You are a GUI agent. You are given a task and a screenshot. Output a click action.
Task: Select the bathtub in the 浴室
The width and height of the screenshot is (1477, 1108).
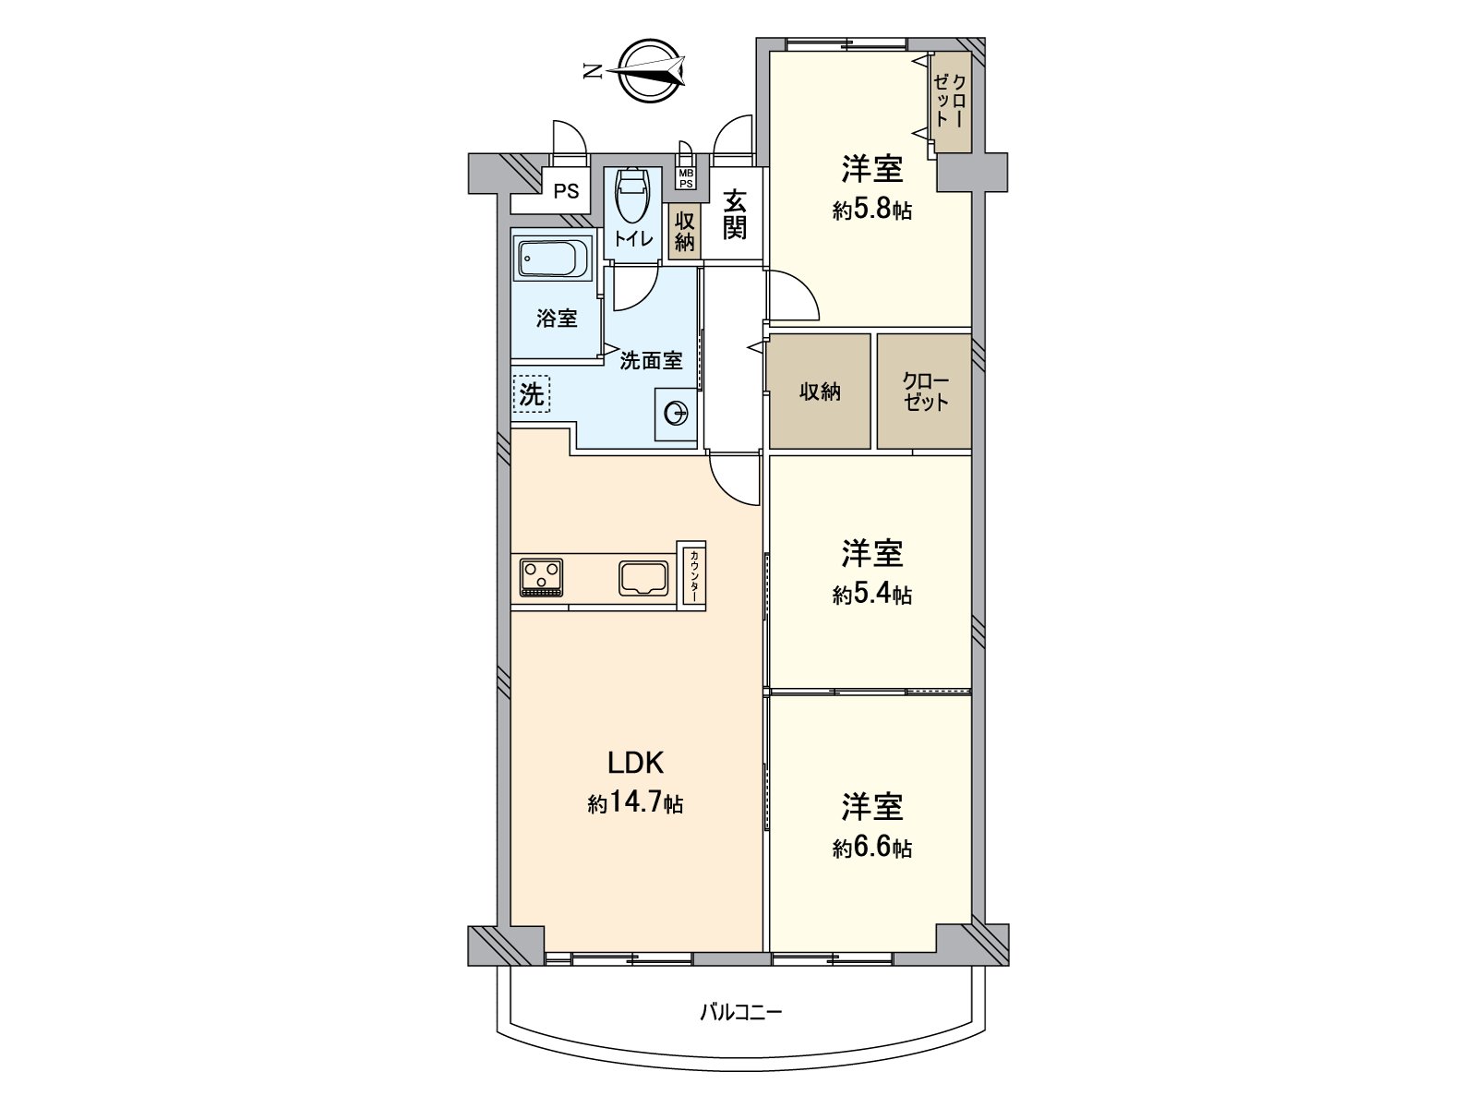pos(555,259)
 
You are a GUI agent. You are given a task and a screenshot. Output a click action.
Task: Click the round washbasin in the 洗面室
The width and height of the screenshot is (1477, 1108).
pos(676,413)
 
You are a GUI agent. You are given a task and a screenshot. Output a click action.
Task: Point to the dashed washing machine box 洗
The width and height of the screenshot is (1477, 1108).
pos(532,394)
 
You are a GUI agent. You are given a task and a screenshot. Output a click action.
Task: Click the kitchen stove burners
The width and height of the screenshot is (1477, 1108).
pos(541,577)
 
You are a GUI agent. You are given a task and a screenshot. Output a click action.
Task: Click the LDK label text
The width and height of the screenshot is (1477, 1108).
pos(635,763)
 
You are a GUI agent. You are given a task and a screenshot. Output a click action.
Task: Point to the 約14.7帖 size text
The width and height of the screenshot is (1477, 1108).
pos(635,804)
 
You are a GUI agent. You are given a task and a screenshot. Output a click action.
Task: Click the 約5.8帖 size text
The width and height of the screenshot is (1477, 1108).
pos(872,211)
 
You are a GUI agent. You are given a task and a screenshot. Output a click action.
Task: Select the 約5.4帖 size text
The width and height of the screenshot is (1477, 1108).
pos(872,594)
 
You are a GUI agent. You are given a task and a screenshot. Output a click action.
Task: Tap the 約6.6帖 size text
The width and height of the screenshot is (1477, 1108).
pos(872,849)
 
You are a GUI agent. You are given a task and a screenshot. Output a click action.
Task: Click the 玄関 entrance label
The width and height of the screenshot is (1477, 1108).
pos(734,215)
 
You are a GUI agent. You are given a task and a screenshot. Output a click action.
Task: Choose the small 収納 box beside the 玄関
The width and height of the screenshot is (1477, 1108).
pos(684,232)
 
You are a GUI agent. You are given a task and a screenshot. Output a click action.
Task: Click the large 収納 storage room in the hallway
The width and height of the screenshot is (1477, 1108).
pos(820,391)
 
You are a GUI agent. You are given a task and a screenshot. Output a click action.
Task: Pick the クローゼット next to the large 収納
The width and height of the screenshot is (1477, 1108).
pos(925,391)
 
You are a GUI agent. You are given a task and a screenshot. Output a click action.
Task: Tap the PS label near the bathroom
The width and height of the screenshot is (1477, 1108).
pos(567,192)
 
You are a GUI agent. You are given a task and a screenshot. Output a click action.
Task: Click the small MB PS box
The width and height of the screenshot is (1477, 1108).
pos(686,178)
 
